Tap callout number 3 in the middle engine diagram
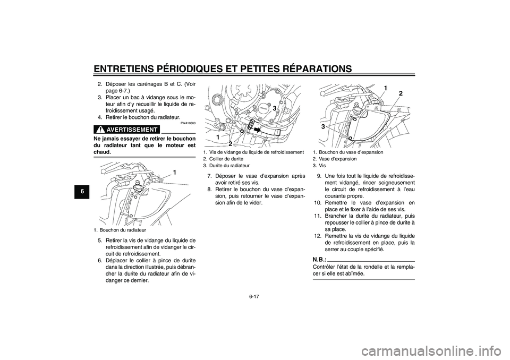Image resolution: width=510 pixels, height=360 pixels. pyautogui.click(x=275, y=108)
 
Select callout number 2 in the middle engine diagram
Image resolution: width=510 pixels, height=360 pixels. pyautogui.click(x=230, y=143)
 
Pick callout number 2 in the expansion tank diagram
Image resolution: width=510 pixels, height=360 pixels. pyautogui.click(x=400, y=93)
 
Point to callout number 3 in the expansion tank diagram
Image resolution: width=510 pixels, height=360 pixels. pyautogui.click(x=322, y=127)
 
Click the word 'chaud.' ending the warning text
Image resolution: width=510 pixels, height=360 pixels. pyautogui.click(x=105, y=151)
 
